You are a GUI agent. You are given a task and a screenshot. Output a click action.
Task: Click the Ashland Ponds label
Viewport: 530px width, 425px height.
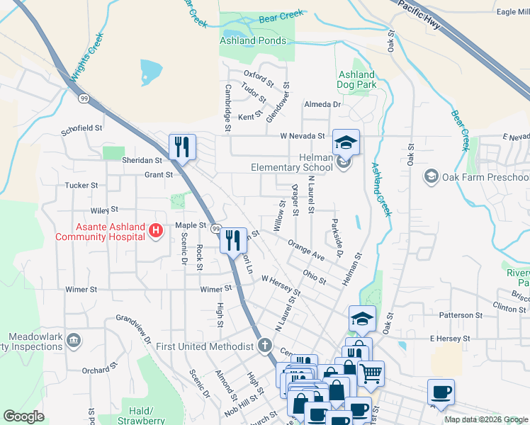coord(252,41)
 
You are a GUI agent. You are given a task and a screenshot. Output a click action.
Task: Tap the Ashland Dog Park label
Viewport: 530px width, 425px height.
coord(356,79)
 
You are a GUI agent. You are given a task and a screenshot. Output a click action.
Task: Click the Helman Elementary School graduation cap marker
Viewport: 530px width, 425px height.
coord(345,142)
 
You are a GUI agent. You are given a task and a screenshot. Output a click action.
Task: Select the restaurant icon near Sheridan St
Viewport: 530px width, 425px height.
coord(182,147)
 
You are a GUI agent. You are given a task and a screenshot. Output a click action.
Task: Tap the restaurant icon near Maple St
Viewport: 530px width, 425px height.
coord(232,239)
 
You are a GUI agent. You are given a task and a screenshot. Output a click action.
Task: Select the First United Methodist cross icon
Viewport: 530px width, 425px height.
coord(264,346)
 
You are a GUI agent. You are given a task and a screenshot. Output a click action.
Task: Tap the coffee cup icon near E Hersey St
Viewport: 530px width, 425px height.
coord(441,392)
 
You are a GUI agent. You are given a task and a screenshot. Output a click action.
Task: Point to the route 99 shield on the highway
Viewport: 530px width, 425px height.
coord(84,98)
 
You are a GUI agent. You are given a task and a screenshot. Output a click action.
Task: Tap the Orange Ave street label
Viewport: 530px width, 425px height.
coord(306,250)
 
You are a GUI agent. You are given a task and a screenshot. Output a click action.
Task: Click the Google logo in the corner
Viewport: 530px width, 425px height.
coord(23,416)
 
